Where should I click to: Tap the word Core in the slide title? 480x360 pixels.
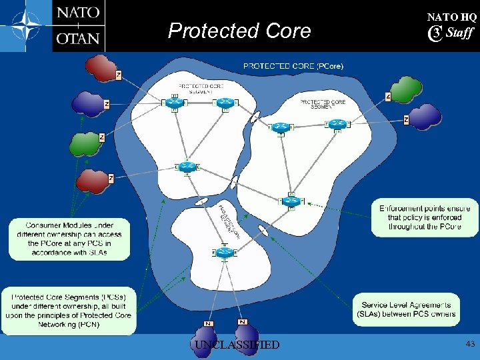(x=287, y=31)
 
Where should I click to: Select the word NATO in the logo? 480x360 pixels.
(x=78, y=13)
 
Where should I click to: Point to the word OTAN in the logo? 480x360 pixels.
(x=78, y=38)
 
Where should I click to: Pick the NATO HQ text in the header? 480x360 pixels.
(x=451, y=17)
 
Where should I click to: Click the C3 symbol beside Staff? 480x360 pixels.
(x=435, y=33)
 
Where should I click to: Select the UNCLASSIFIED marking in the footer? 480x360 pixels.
(x=237, y=345)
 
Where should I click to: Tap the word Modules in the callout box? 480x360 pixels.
(x=84, y=225)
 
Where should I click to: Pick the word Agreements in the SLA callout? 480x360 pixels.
(x=427, y=305)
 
